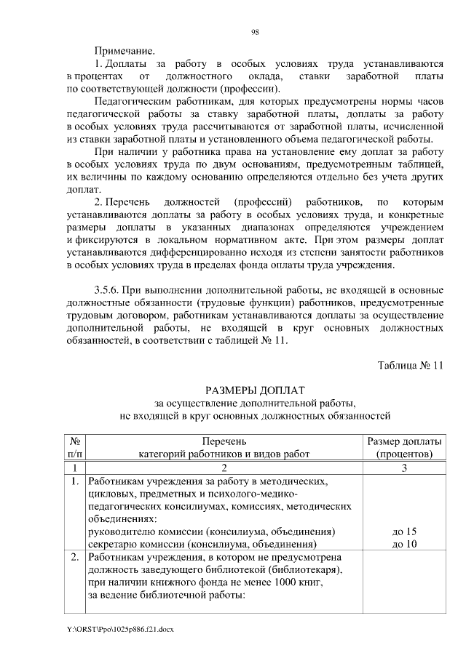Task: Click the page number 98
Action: click(255, 32)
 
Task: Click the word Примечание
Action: click(125, 52)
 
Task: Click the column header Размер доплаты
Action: click(403, 441)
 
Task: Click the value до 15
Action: click(403, 531)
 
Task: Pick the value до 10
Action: click(403, 544)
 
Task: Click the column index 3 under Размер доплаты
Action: click(403, 468)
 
